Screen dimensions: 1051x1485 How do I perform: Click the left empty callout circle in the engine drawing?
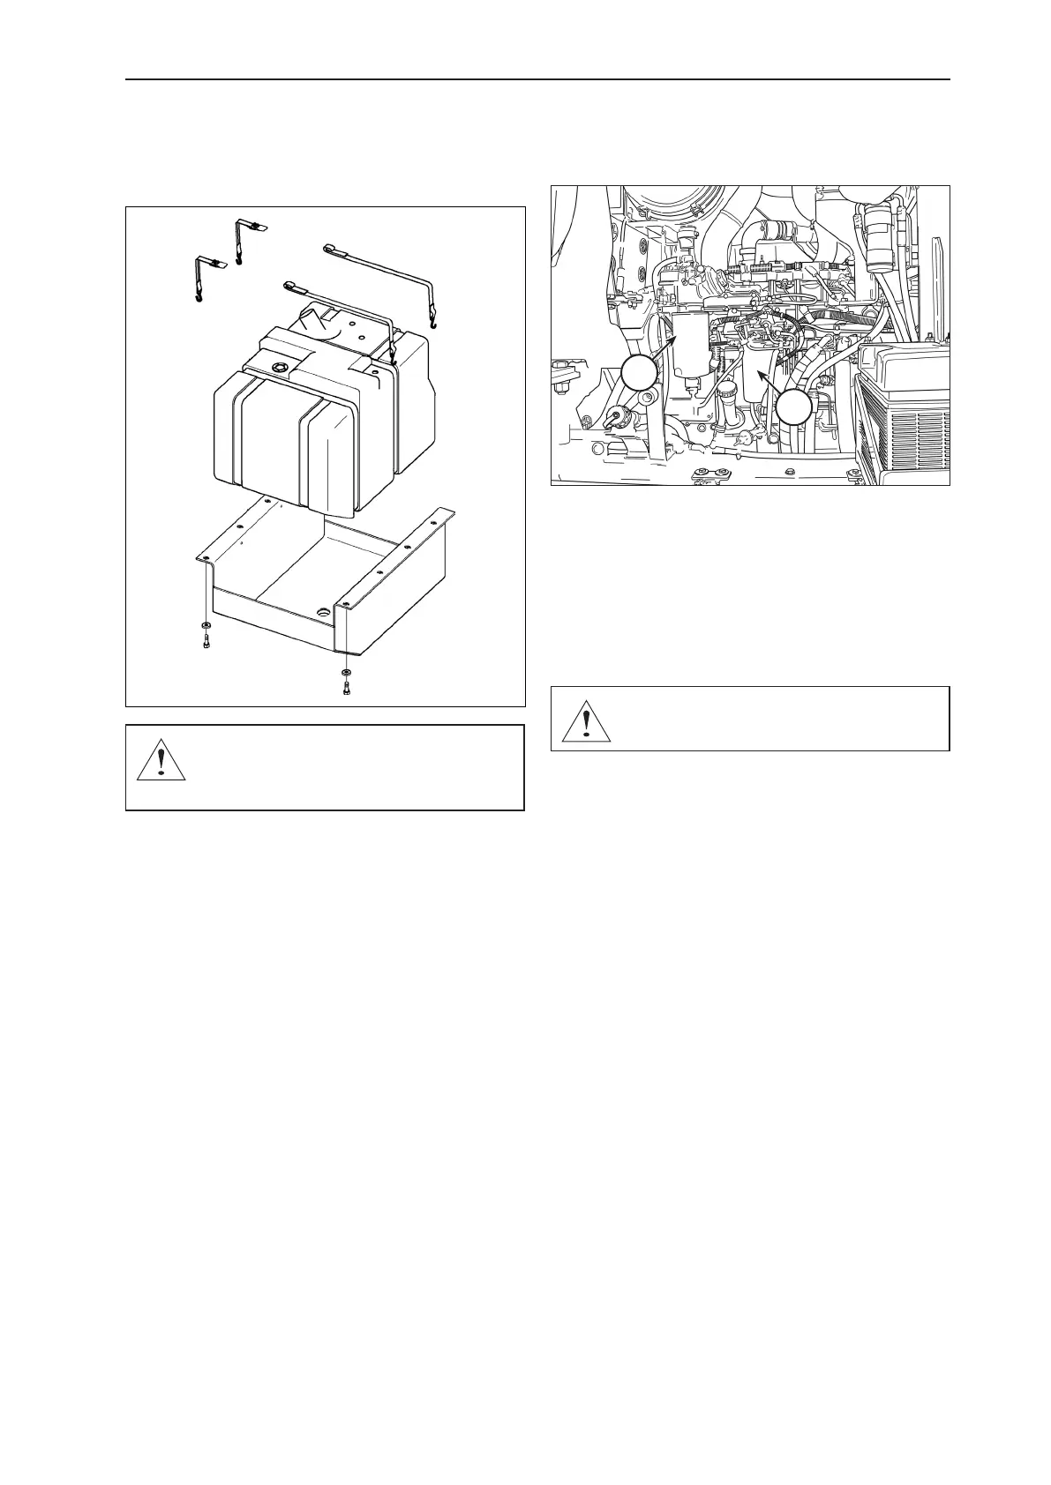[x=638, y=374]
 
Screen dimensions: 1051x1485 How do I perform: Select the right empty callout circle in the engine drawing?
[x=794, y=408]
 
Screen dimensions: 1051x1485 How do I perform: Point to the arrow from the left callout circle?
[x=665, y=348]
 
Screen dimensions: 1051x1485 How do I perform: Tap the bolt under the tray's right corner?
[x=345, y=688]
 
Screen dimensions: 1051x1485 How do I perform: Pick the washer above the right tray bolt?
[x=345, y=673]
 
